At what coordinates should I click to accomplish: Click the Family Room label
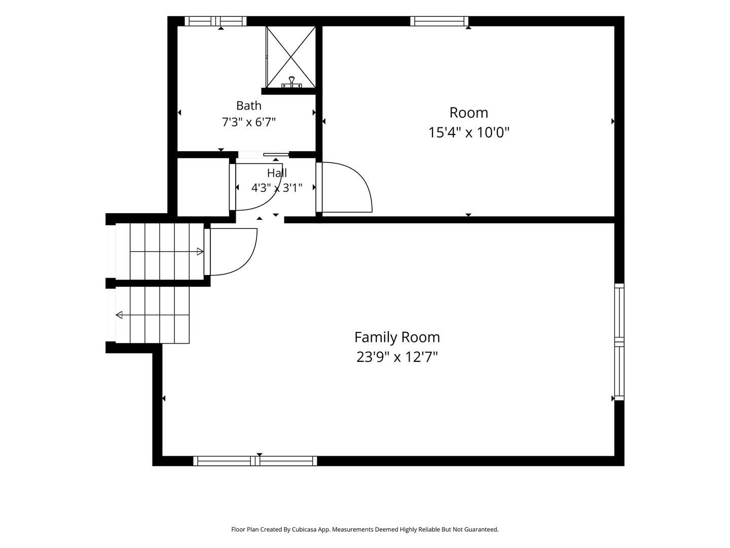pos(397,337)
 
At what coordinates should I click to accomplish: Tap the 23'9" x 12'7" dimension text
pos(397,357)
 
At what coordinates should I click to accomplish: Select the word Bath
pos(249,106)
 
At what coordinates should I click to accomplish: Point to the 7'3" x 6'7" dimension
pos(249,122)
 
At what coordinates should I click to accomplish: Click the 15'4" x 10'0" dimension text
pos(468,132)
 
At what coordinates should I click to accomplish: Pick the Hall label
pos(277,173)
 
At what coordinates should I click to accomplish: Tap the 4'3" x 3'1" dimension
pos(277,188)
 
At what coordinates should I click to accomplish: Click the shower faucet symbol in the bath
pos(291,82)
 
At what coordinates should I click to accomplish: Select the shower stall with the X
pos(290,57)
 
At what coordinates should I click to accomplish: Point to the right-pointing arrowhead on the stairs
pos(200,252)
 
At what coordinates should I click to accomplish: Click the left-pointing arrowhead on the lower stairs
pos(119,315)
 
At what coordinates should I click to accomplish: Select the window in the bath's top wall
pos(215,21)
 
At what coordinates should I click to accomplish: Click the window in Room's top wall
pos(439,21)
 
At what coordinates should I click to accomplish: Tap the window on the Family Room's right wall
pos(619,341)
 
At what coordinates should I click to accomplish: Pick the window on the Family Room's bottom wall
pos(255,461)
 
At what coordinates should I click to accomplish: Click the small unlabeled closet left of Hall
pos(203,187)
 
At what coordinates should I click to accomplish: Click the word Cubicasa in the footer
pos(304,529)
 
